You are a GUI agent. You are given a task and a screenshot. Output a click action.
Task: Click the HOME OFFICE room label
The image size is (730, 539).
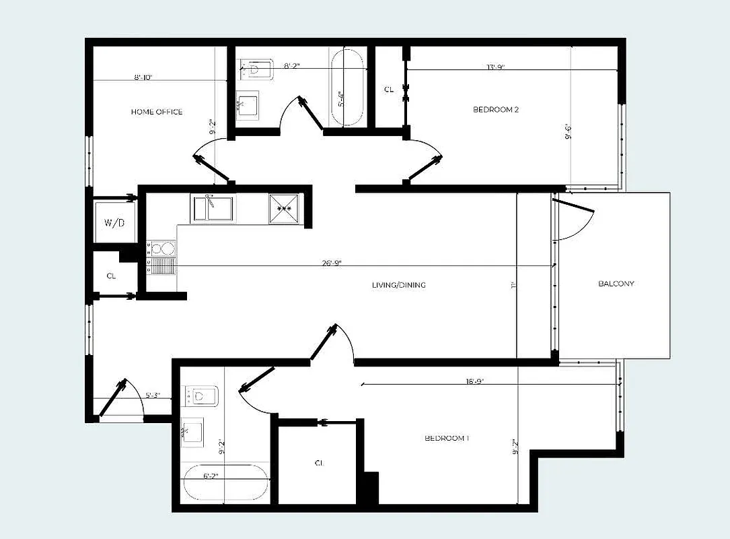click(156, 112)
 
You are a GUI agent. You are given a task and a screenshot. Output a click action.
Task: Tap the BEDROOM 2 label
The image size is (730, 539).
click(496, 109)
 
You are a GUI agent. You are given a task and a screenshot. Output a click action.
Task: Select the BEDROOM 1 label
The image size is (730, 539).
click(447, 439)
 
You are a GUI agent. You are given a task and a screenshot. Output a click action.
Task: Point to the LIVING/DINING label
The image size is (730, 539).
click(398, 285)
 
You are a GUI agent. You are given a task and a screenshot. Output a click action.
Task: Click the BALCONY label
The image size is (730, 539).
click(616, 284)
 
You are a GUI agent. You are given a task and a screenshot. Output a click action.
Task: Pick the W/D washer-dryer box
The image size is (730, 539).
click(114, 222)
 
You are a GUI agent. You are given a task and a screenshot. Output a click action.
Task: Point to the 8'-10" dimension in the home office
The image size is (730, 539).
click(143, 77)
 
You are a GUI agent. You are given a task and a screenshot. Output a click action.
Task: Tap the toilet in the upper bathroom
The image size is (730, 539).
click(257, 69)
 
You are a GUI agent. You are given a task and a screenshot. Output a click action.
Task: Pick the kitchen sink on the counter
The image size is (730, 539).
click(213, 208)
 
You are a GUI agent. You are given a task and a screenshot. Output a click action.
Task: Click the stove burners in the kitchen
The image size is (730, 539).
click(161, 257)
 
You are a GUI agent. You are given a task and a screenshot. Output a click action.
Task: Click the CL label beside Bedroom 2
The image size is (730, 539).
click(388, 90)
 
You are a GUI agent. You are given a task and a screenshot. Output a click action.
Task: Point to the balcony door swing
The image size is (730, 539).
click(573, 219)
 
